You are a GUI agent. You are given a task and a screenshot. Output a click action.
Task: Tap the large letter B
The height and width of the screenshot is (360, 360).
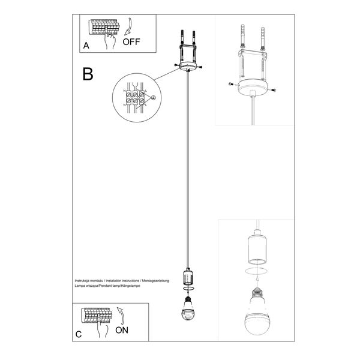click(88, 74)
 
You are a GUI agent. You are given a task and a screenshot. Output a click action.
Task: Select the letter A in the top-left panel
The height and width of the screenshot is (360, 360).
click(86, 46)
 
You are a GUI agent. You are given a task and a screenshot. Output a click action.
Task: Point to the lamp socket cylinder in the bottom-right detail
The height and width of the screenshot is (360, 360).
click(256, 247)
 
